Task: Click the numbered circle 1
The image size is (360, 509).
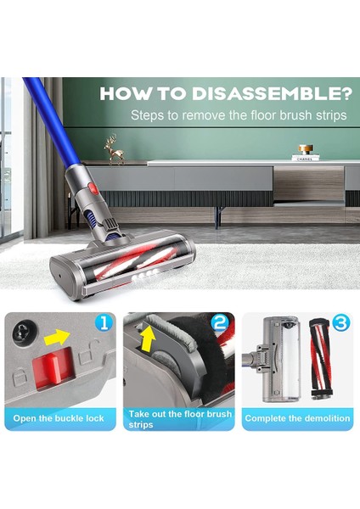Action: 104,323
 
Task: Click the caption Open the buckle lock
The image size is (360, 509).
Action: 59,418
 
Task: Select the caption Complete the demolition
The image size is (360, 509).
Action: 297,418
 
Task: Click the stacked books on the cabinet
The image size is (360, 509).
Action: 304,157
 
